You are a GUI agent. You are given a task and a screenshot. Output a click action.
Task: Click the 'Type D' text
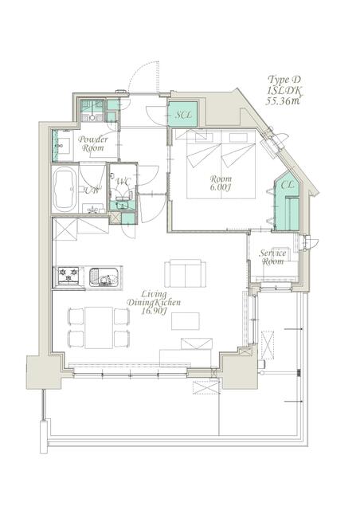tap(284, 80)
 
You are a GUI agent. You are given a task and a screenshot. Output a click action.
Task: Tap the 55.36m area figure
tap(283, 101)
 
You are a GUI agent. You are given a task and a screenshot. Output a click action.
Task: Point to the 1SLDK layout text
tap(284, 90)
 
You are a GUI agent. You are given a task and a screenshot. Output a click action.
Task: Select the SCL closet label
tap(184, 115)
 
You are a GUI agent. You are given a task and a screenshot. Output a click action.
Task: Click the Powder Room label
tap(93, 143)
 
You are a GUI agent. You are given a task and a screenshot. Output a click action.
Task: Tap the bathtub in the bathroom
tap(65, 190)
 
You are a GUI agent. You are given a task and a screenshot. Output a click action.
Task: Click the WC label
tap(123, 181)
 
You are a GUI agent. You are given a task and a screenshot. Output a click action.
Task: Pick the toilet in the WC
tap(123, 199)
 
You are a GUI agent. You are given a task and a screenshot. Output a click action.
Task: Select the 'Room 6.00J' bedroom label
tap(221, 182)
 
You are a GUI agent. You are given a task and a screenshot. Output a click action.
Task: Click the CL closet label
tap(287, 185)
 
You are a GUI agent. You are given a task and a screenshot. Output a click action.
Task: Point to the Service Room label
tap(272, 257)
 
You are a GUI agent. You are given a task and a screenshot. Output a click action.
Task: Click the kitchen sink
tap(104, 277)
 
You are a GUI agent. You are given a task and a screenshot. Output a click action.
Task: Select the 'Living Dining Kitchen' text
tap(153, 298)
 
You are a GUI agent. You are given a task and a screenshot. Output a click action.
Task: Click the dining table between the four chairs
tap(99, 328)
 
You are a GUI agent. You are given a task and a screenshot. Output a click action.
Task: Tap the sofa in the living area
tap(185, 273)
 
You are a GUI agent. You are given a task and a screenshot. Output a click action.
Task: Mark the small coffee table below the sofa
tap(186, 321)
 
